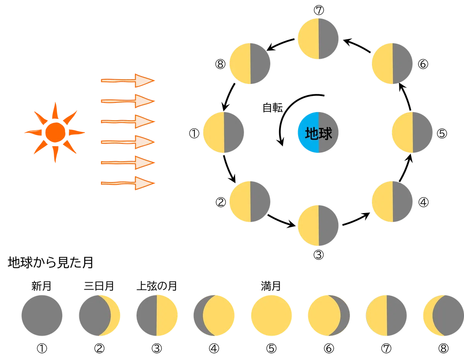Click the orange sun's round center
click(55, 133)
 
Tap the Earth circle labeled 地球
click(318, 132)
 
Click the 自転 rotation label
click(273, 107)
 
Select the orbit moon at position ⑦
click(318, 39)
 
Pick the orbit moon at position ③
click(318, 225)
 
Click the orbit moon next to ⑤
click(412, 132)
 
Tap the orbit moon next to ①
click(223, 132)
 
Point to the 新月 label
click(41, 286)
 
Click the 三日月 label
click(99, 286)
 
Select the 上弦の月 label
click(157, 286)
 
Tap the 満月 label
click(271, 286)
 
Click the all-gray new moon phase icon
click(42, 316)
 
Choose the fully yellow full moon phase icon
click(271, 316)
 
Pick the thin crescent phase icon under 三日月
click(99, 316)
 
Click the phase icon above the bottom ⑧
click(444, 316)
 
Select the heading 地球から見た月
click(50, 263)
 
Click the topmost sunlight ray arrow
click(128, 80)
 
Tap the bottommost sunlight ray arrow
click(128, 183)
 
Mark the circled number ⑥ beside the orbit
click(423, 64)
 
